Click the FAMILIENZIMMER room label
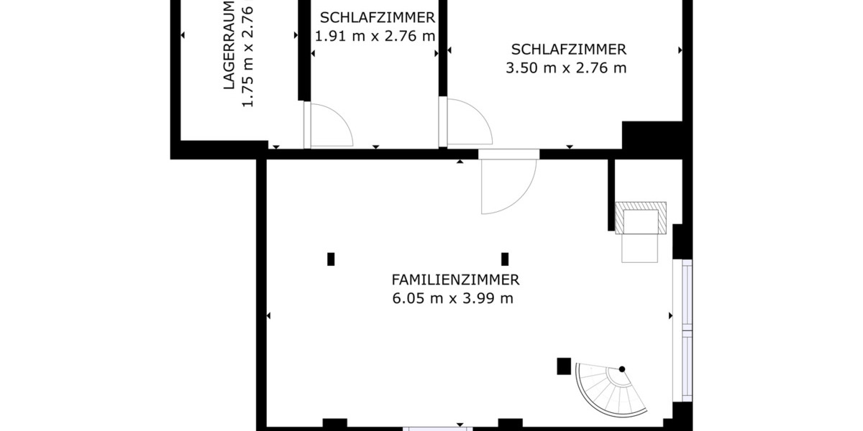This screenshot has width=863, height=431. click(455, 280)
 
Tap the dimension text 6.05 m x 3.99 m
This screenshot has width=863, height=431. click(453, 299)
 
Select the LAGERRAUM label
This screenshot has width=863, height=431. click(229, 45)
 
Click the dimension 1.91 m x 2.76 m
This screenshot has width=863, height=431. click(375, 36)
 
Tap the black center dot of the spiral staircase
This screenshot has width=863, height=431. click(622, 369)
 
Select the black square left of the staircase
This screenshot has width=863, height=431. click(564, 366)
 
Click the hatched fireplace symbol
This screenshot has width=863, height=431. click(641, 217)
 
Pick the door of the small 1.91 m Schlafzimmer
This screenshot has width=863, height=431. click(327, 126)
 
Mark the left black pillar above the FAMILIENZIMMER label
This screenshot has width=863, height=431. click(331, 259)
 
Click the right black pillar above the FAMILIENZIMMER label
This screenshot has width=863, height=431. click(505, 259)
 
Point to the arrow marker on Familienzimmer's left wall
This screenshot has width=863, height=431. click(269, 315)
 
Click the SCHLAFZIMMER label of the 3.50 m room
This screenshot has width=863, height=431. click(568, 50)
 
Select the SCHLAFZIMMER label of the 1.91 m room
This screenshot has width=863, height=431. click(377, 18)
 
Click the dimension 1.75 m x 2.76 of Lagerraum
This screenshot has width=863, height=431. click(248, 56)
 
